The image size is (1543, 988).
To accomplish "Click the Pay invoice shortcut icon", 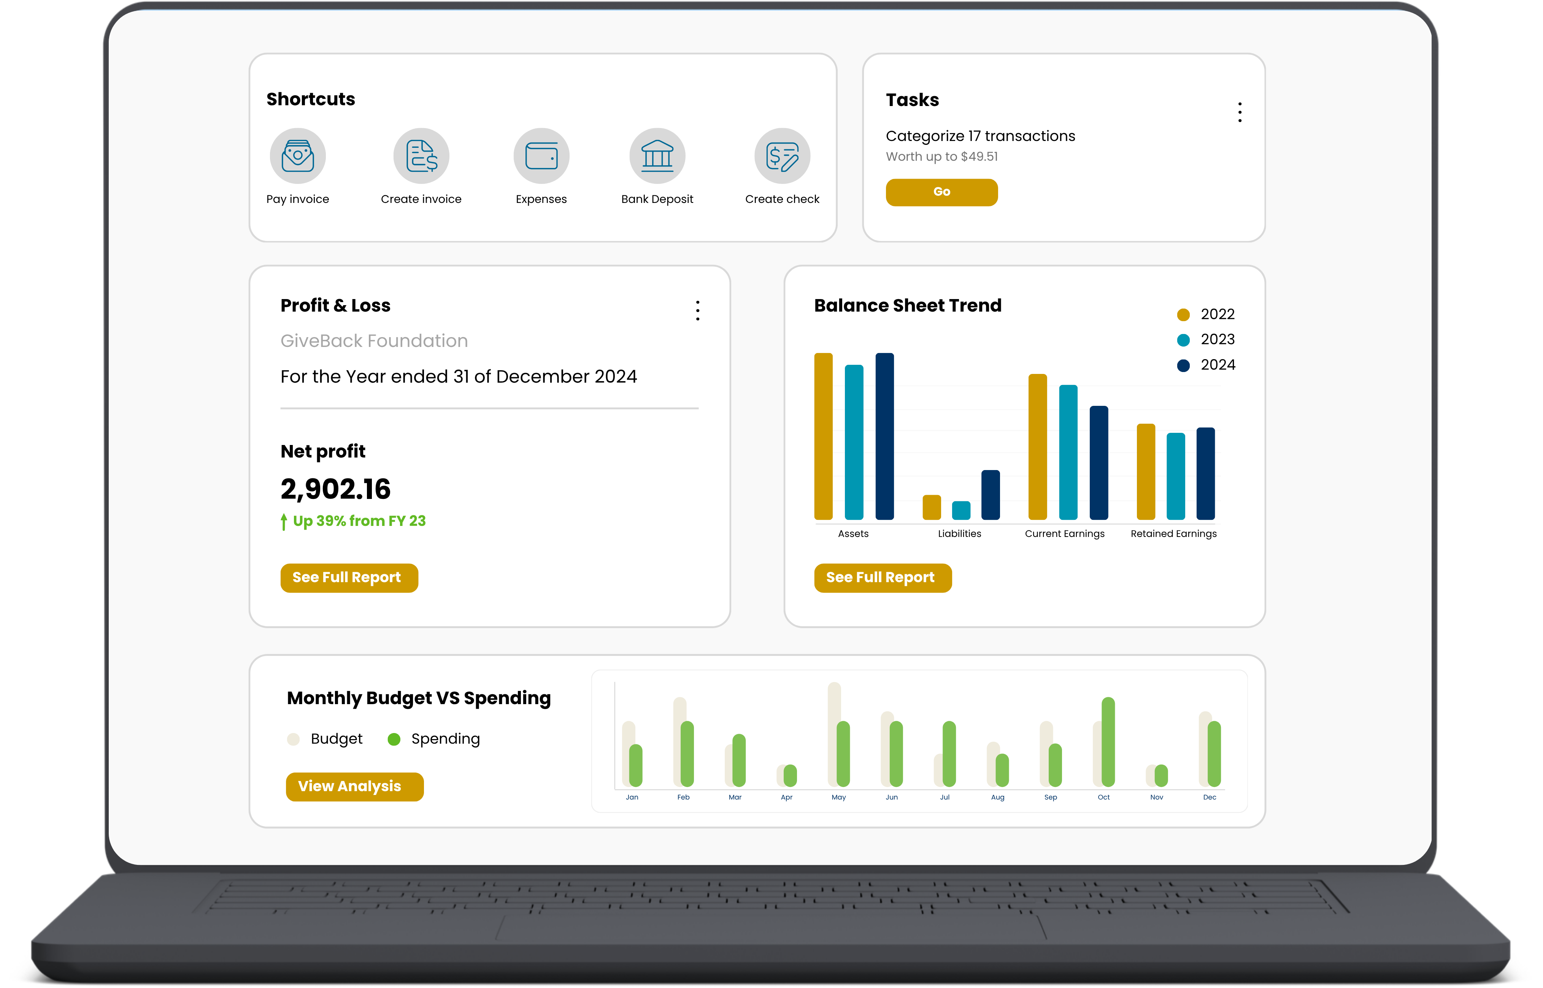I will click(x=298, y=156).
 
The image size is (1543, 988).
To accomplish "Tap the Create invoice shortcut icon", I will click(x=421, y=156).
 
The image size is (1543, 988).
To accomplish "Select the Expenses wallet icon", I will click(x=541, y=156).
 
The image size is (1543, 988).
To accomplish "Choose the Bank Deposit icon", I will click(x=657, y=156).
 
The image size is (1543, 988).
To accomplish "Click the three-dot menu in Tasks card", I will click(x=1240, y=112).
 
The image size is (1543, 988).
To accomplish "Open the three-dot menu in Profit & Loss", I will click(x=698, y=310).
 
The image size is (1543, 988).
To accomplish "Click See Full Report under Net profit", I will click(x=349, y=577).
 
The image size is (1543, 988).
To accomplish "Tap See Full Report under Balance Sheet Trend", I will click(x=883, y=577).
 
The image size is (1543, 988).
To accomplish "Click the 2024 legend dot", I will click(x=1183, y=365).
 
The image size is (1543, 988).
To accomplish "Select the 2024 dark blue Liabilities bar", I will click(x=991, y=495).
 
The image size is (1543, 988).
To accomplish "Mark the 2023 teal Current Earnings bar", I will click(x=1068, y=452).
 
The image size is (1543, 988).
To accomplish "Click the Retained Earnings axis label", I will click(x=1173, y=534).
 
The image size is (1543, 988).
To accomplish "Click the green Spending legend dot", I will click(x=394, y=739).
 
